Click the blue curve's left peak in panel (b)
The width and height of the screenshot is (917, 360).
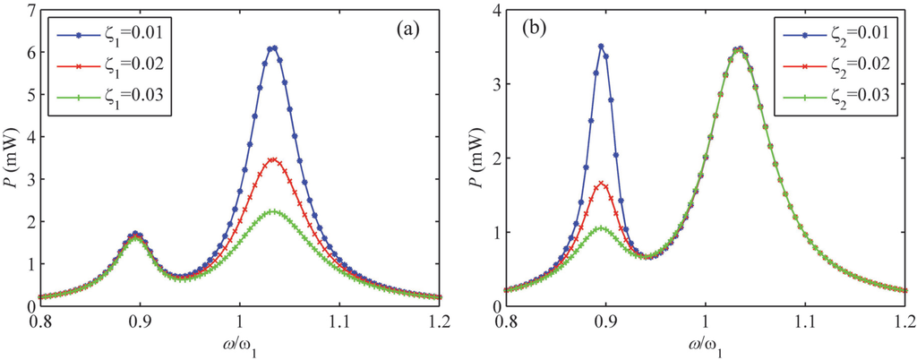(x=602, y=47)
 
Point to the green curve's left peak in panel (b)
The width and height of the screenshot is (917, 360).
(x=602, y=227)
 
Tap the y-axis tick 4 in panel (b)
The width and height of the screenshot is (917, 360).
(x=494, y=11)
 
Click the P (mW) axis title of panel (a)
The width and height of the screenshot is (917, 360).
(x=11, y=159)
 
